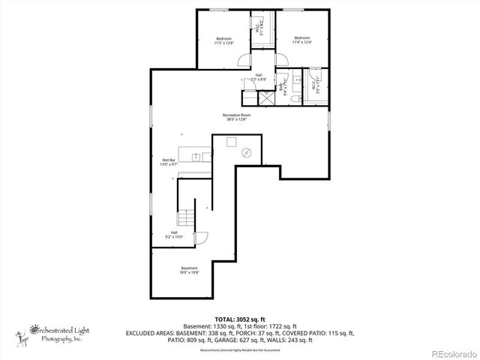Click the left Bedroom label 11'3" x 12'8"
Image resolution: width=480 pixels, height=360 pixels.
(224, 41)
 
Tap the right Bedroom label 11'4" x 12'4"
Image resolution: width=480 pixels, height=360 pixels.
(301, 40)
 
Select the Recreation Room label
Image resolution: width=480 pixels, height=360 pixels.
(236, 117)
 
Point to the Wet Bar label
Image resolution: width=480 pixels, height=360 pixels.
(168, 162)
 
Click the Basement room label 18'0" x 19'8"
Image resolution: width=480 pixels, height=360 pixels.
(189, 271)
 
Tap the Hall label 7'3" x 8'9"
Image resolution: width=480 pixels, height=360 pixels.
(259, 77)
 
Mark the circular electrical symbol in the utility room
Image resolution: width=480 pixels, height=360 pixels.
(246, 152)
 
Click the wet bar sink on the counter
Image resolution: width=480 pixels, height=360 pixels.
(196, 157)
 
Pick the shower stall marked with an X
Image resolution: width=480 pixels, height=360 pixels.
(266, 97)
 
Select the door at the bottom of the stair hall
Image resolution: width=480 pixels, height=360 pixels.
(200, 239)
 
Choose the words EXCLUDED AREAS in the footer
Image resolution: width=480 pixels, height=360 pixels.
(149, 332)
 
